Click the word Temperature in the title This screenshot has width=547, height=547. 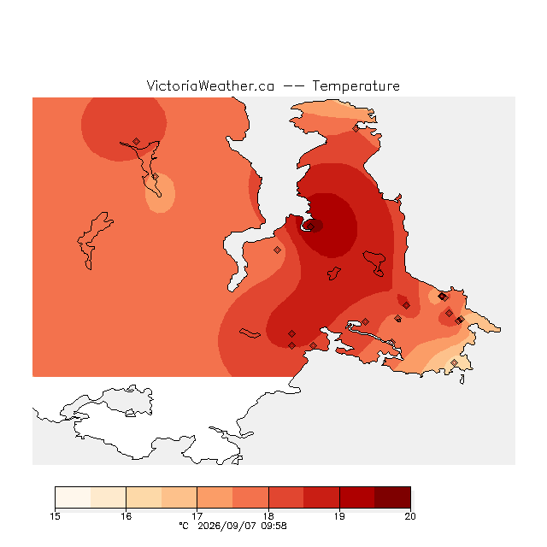(356, 86)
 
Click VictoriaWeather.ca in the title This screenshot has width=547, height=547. (210, 86)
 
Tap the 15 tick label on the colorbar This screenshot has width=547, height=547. (55, 516)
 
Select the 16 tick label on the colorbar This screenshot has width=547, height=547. (126, 516)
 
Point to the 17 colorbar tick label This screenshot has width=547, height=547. (197, 516)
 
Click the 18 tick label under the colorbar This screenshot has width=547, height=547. (268, 516)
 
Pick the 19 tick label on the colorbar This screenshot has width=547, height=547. (339, 516)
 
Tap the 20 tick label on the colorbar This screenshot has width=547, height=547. (410, 516)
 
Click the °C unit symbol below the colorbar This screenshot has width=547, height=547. (184, 526)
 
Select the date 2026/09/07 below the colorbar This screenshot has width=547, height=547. (225, 526)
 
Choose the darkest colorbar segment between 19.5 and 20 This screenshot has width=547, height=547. (392, 497)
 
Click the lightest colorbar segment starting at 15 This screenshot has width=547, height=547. (73, 497)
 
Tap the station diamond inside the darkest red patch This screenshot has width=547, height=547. (311, 226)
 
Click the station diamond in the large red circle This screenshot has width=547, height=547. (137, 141)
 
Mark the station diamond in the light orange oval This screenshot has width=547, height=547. (156, 177)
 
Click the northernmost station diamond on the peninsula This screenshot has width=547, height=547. (356, 129)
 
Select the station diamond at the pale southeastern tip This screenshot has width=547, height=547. (454, 362)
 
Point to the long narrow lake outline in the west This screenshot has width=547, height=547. (93, 241)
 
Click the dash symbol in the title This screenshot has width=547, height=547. (293, 86)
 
